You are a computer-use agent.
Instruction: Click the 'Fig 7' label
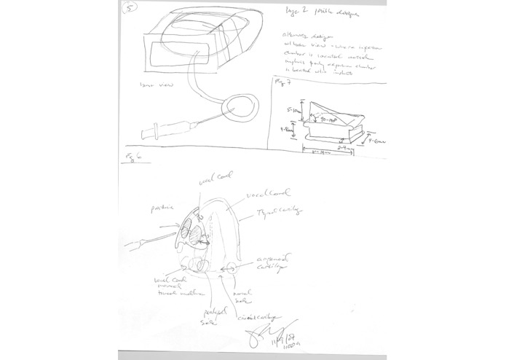[x=281, y=82]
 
